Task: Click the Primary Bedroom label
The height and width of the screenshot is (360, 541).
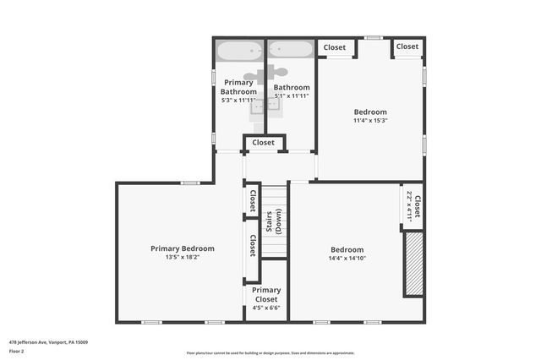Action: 183,248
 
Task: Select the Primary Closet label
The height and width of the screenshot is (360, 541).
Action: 266,294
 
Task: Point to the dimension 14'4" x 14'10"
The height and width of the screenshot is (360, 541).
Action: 347,258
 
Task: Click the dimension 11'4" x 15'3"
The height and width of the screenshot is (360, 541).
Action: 370,120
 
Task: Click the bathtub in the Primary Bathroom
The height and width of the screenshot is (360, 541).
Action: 240,50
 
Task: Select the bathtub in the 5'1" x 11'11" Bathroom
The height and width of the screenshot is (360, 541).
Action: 292,50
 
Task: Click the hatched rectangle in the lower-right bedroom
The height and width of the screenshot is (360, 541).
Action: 413,264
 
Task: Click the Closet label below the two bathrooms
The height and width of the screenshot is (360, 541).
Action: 263,143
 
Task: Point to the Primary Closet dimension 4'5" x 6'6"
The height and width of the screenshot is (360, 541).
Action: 266,308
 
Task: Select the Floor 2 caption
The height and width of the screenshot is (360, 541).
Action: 17,351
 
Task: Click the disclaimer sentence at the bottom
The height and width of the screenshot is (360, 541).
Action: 270,353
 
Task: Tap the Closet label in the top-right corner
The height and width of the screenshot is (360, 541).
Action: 407,46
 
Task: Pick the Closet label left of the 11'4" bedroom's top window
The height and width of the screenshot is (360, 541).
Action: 335,47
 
